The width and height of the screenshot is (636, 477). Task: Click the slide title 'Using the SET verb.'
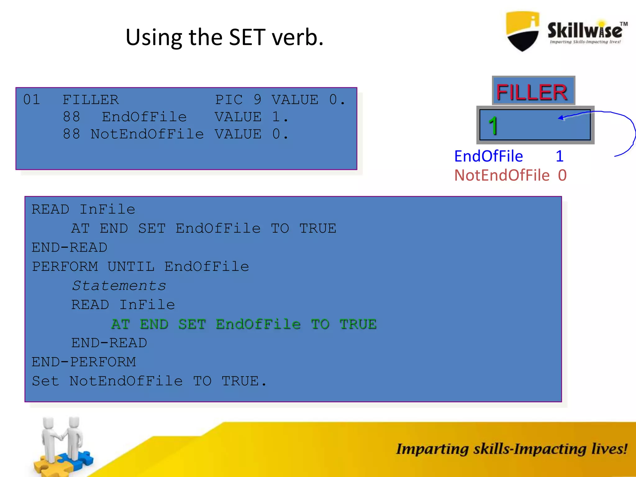coord(225,38)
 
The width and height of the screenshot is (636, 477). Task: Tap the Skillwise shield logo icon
coord(523,31)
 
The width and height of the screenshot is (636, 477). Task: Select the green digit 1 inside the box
coord(493,126)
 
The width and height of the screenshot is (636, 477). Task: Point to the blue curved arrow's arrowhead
coord(561,118)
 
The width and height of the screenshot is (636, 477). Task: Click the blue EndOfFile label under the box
coord(488,156)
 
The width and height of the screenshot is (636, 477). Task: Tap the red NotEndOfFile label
coord(502,175)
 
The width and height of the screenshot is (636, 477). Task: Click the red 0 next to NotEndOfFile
coord(562,175)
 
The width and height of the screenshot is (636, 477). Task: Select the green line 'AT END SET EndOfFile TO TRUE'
coord(244,324)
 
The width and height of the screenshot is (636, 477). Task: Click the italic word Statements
coord(119,286)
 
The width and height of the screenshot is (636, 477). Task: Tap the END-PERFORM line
coord(84,362)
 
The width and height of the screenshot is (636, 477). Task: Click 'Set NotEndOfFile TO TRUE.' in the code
coord(149,381)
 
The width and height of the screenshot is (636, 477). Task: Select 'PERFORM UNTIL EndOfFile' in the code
coord(140,267)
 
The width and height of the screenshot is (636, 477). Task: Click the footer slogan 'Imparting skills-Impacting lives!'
coord(511,449)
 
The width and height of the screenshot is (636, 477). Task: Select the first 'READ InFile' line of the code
coord(83,210)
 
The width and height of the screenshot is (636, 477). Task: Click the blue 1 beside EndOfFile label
coord(560,156)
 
